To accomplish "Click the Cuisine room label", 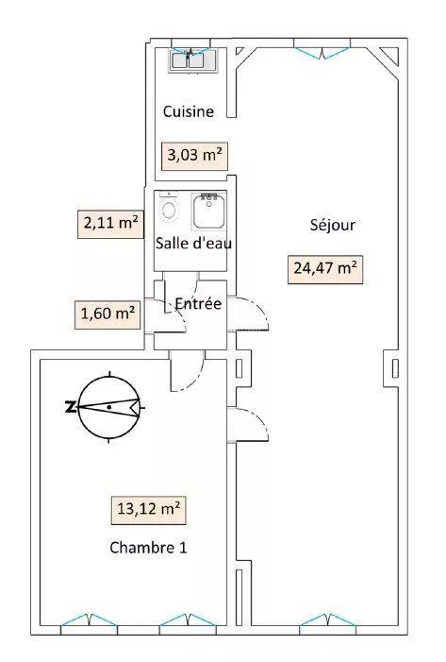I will pyautogui.click(x=189, y=111).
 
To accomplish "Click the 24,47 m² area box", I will pyautogui.click(x=325, y=268).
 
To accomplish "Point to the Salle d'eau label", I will pyautogui.click(x=193, y=244).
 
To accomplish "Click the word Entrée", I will pyautogui.click(x=198, y=304).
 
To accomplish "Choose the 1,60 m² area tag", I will pyautogui.click(x=107, y=313).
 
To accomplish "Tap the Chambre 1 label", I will pyautogui.click(x=147, y=548).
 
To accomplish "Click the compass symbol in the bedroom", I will pyautogui.click(x=109, y=407).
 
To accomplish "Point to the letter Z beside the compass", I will pyautogui.click(x=70, y=408).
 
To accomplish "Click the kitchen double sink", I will pyautogui.click(x=194, y=59).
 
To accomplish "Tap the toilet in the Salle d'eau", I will pyautogui.click(x=170, y=210).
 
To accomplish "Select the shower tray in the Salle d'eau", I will pyautogui.click(x=207, y=212).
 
